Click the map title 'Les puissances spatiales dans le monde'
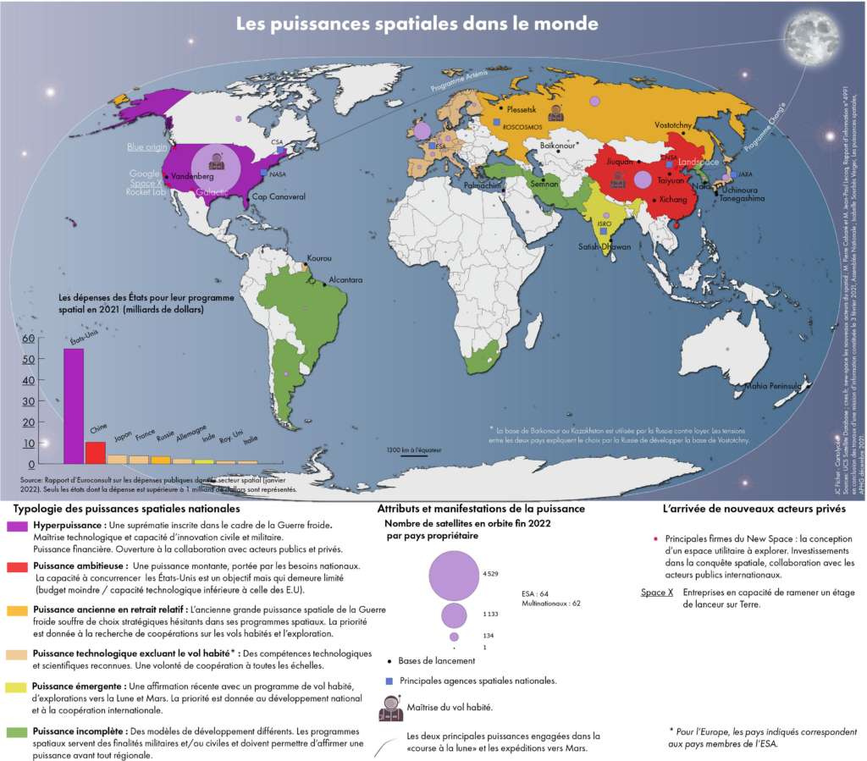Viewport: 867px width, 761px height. click(x=417, y=24)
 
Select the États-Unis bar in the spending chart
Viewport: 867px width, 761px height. click(x=74, y=405)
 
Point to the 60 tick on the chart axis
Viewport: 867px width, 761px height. click(x=29, y=339)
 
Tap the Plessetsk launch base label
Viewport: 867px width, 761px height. click(x=524, y=109)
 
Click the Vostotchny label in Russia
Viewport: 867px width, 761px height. click(x=673, y=124)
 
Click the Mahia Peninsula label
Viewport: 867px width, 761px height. click(x=772, y=386)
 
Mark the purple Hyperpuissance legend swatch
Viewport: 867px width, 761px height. click(x=18, y=526)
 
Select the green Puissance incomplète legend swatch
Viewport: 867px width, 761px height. click(x=18, y=730)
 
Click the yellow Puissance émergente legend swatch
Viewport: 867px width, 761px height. click(x=18, y=687)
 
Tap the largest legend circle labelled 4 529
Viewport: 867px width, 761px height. click(x=455, y=574)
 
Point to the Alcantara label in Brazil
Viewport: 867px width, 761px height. click(x=346, y=279)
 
